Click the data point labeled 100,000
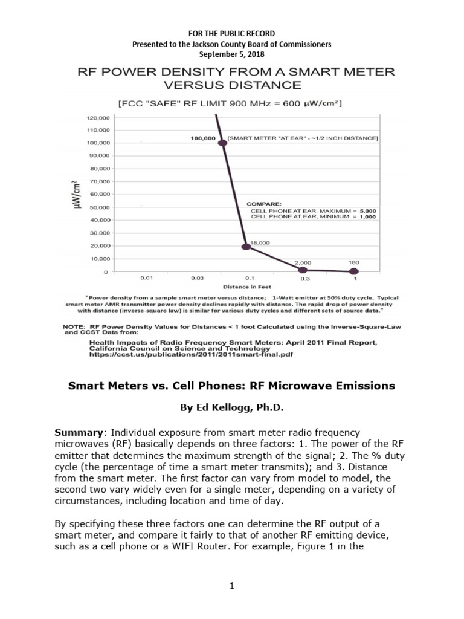[x=222, y=143]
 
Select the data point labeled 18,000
[x=246, y=247]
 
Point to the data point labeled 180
[x=353, y=271]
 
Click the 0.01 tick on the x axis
[x=146, y=279]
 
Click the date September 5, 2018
[x=231, y=54]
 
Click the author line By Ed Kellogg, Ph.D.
[x=231, y=407]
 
